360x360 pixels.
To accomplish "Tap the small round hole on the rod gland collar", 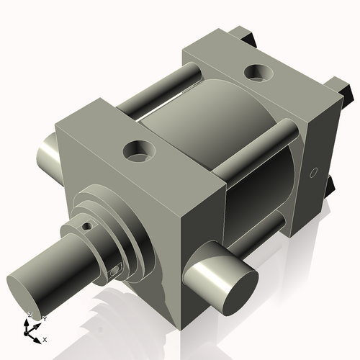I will pyautogui.click(x=87, y=225).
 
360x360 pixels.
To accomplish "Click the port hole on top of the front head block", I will pyautogui.click(x=138, y=150).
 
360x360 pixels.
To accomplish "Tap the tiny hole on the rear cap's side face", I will pyautogui.click(x=312, y=172).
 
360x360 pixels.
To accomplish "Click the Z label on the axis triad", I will pyautogui.click(x=30, y=315).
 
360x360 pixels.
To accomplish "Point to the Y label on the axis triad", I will pyautogui.click(x=43, y=318).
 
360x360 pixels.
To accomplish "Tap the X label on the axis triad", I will pyautogui.click(x=45, y=338).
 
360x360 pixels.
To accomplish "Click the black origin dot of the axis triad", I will pyautogui.click(x=29, y=332).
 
